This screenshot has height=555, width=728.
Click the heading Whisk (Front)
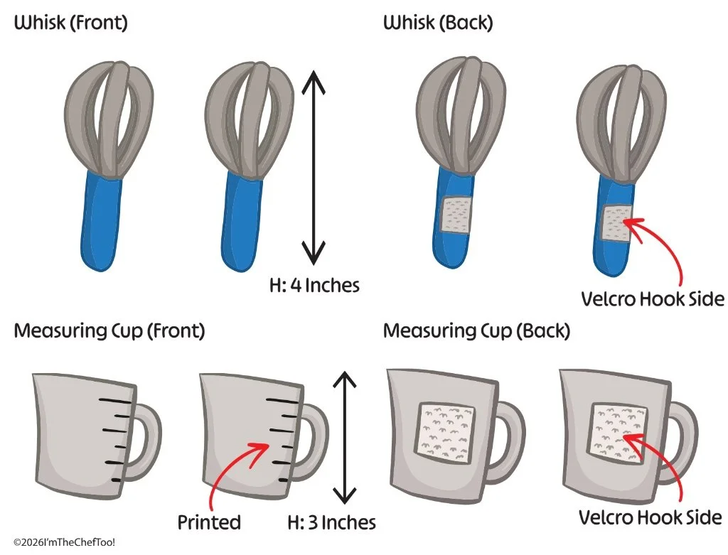pos(70,23)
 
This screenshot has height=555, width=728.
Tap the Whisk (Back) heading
pos(438,23)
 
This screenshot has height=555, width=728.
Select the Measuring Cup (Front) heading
pos(109,331)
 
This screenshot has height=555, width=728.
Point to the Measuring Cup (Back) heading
pos(476,331)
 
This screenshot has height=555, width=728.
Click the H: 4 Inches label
pos(314,285)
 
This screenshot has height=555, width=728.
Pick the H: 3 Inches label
pos(331,522)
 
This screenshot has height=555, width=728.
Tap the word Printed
pos(209,522)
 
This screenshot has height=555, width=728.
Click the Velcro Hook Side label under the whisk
pos(653,299)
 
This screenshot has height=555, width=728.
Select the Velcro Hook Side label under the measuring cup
pos(650,517)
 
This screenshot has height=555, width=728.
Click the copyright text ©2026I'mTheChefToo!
pos(65,542)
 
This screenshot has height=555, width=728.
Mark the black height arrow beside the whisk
pos(314,167)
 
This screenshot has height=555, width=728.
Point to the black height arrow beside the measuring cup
pos(345,437)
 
